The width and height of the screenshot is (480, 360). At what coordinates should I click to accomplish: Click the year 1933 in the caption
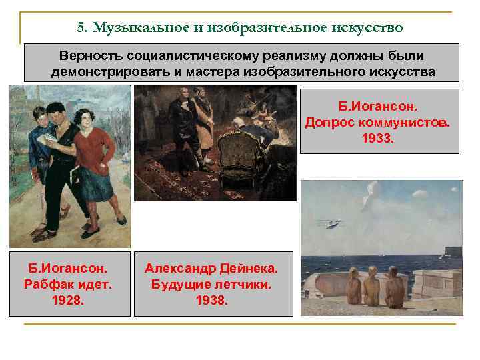379,139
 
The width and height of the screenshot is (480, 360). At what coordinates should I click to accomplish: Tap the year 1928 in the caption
69,300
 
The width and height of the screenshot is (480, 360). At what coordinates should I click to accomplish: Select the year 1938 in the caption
213,300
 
